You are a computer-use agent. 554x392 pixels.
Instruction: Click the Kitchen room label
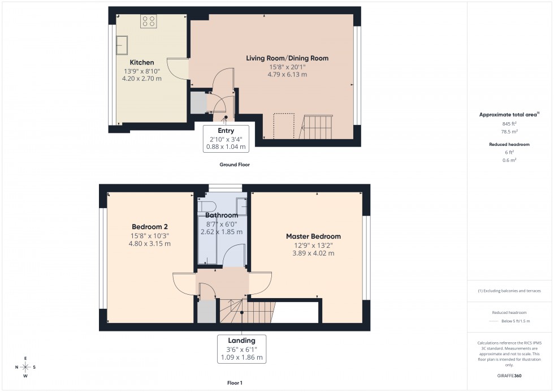click(x=142, y=62)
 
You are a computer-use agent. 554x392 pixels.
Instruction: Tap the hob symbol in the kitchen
click(x=149, y=21)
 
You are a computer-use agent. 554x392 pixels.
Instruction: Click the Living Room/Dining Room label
click(x=287, y=58)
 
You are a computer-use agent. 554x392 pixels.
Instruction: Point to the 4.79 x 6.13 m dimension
click(x=288, y=74)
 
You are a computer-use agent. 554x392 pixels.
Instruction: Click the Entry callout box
click(x=226, y=139)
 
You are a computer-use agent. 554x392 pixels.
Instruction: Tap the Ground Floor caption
click(x=235, y=165)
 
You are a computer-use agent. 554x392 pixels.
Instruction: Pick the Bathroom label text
click(x=222, y=216)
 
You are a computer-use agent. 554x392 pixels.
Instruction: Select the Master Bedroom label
click(x=313, y=236)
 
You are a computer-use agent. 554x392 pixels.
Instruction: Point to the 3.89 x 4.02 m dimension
click(x=313, y=253)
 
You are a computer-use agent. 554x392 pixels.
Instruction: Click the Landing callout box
click(x=241, y=349)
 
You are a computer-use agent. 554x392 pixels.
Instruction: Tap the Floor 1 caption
click(x=235, y=383)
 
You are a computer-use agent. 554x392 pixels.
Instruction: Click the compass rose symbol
click(x=26, y=367)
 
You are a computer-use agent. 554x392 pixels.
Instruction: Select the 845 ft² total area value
click(x=509, y=123)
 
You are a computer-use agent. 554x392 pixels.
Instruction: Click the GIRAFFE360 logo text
click(x=509, y=376)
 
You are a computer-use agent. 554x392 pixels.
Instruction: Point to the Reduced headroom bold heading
click(x=509, y=145)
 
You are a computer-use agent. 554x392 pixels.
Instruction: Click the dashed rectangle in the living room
click(x=284, y=126)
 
